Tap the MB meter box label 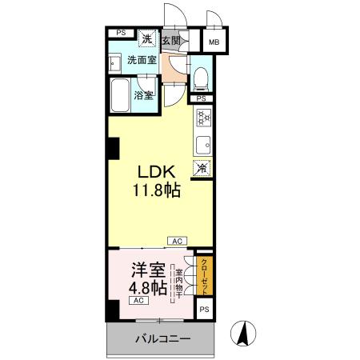214,42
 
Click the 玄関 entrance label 170,39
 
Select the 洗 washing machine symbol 147,38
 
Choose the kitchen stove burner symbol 203,118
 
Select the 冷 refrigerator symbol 202,169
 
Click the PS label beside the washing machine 121,33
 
